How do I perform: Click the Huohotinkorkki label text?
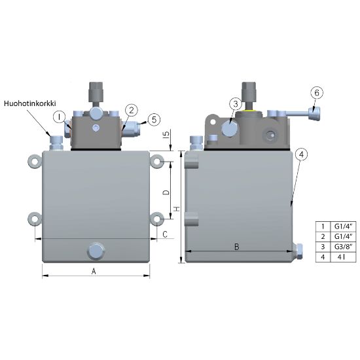coord(30,103)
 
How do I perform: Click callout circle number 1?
coord(60,117)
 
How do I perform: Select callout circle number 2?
coord(132,111)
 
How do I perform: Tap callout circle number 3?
coord(236,104)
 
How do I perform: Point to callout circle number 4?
coord(302,154)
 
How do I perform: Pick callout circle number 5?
coord(154,119)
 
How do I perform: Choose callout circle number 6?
coord(317,93)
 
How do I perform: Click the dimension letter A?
coord(94,272)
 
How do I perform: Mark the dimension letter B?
coord(236,247)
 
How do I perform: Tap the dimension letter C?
coord(165,234)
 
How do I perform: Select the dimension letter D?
coord(166,192)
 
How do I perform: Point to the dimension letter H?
coord(177,209)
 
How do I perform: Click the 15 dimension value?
coord(166,134)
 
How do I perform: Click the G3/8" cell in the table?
coord(343,247)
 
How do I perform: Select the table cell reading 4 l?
coord(343,257)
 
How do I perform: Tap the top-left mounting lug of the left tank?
coord(35,162)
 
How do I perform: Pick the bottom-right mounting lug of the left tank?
coord(157,219)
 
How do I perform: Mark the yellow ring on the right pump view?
coord(249,111)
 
